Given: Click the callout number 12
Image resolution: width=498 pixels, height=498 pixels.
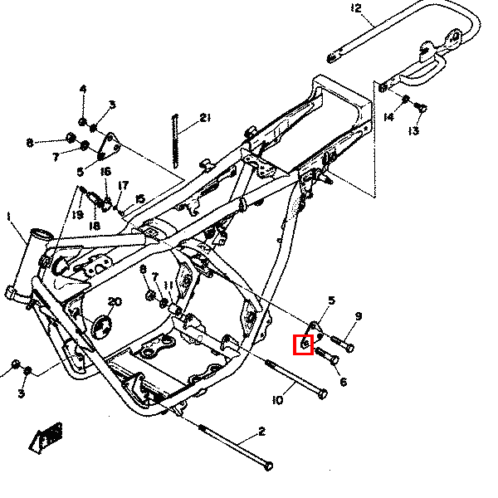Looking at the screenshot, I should (x=356, y=9).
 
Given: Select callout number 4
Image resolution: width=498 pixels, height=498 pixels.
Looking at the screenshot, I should (x=83, y=89).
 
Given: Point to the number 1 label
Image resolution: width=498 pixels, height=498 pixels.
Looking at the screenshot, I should (x=9, y=217).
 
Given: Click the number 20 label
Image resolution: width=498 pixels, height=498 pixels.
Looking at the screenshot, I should (x=115, y=301).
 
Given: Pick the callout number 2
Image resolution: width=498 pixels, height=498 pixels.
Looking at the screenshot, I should (x=261, y=431).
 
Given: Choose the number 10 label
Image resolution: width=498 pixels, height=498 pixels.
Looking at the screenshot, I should (x=278, y=401).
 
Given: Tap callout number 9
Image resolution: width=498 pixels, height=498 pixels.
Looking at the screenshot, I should (x=359, y=316).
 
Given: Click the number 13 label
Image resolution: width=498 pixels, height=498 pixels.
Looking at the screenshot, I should (x=414, y=131).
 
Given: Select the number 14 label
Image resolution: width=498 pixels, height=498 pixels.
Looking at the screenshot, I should (x=388, y=117).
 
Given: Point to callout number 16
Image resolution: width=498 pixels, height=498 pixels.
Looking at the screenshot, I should (x=105, y=172).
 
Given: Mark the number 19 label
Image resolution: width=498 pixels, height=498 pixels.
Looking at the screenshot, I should (x=77, y=215).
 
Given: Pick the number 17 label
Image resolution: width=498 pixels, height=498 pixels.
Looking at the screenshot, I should (x=123, y=185).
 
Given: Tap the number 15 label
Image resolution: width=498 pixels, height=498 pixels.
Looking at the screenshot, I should (x=139, y=198).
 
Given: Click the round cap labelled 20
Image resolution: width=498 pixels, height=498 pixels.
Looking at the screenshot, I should (x=101, y=327).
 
